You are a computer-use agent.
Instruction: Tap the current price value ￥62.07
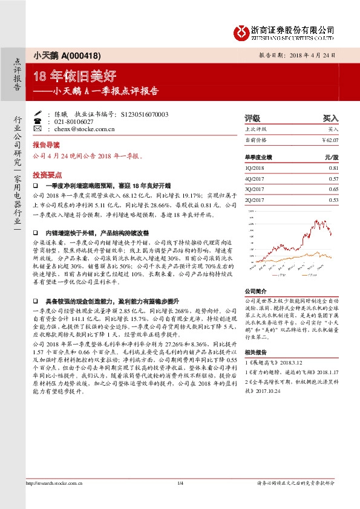pyautogui.click(x=330, y=140)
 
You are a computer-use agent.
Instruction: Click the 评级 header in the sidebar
pyautogui.click(x=252, y=118)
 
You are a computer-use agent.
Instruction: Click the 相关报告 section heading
pyautogui.click(x=255, y=351)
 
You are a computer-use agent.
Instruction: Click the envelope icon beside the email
pyautogui.click(x=38, y=129)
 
